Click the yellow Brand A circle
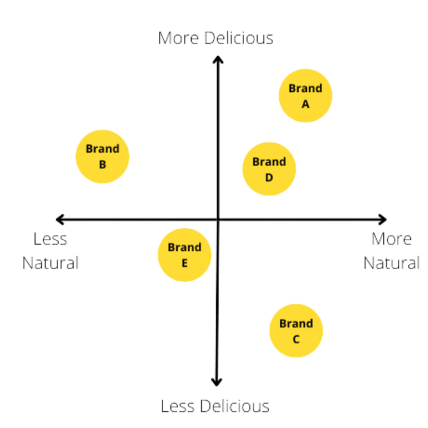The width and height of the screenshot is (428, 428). pos(305,96)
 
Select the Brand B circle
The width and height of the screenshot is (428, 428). pos(103,157)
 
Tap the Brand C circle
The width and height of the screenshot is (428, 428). pos(296,331)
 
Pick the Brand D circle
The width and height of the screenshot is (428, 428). pos(269,169)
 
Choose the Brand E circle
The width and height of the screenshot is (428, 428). pos(184,255)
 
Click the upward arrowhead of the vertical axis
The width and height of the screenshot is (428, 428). pos(217,58)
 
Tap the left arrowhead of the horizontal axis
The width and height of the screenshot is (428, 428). pos(58,218)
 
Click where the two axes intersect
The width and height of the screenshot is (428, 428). pos(217,219)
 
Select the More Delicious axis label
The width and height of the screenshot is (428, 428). pos(217,38)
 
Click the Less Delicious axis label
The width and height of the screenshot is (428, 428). pos(216,406)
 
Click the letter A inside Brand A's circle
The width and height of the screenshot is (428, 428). pos(305,104)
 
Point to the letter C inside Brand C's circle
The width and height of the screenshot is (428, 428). pos(296,339)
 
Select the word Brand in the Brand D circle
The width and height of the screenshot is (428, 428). pos(269,162)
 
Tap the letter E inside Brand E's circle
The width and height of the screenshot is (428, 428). pos(184,262)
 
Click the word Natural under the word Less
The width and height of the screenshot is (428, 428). pos(50,262)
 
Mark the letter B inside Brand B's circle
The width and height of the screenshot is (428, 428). pos(103,164)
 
